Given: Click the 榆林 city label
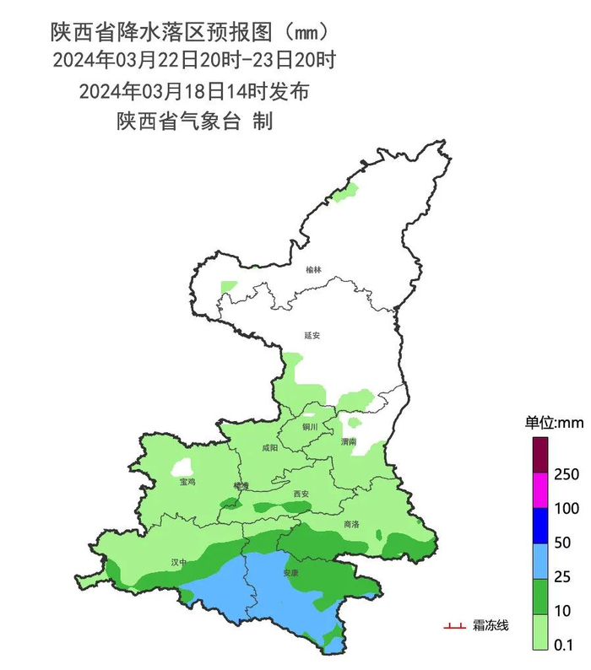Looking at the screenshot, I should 313,270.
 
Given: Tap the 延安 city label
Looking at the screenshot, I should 312,335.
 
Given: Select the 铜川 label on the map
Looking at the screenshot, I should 310,427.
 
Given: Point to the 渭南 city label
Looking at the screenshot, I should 349,441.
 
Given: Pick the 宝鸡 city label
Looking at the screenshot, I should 187,482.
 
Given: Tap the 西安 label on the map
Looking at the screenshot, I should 301,493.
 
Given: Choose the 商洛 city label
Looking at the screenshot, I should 351,524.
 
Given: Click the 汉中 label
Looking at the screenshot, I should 178,561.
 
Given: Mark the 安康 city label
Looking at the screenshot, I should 291,573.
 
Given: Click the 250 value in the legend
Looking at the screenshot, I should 568,475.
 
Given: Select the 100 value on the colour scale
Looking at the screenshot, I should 568,509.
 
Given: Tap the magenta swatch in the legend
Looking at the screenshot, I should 540,491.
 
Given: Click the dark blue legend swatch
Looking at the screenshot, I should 540,526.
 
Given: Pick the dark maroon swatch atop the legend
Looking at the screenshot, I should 540,457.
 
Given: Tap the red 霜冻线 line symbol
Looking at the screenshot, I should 455,626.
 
